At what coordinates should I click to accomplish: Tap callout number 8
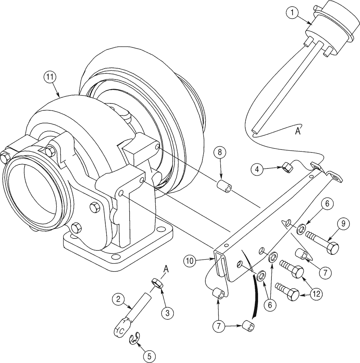[218, 152]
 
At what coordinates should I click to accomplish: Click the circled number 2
[116, 300]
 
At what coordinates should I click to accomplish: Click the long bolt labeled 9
[323, 243]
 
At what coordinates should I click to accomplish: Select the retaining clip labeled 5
[135, 339]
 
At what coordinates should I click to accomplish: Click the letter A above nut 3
[166, 269]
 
